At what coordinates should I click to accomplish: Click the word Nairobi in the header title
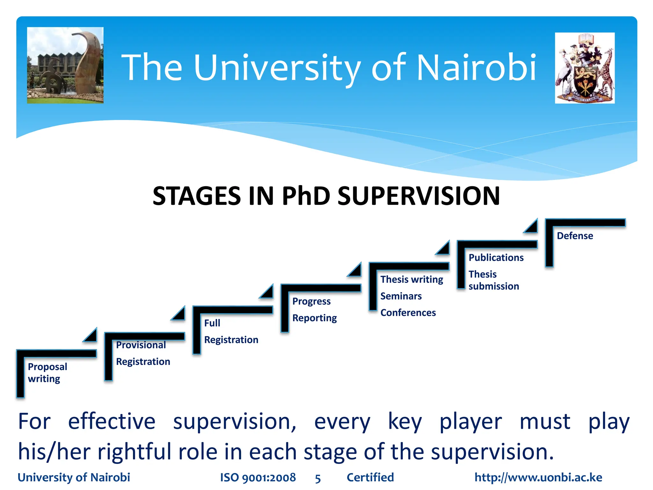coord(476,68)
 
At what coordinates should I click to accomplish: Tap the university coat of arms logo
coord(585,68)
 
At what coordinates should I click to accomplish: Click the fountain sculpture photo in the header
coord(65,65)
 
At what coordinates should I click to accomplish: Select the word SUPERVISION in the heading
coord(418,196)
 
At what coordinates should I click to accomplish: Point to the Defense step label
coord(575,236)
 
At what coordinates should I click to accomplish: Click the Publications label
coord(496,257)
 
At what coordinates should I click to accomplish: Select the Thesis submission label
coord(493,280)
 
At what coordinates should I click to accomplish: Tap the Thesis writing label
coord(412,279)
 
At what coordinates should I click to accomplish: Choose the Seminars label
coord(401,296)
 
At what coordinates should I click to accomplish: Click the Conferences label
coord(408,313)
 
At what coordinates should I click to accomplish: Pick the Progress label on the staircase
coord(311,301)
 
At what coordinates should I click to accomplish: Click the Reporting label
coord(314,318)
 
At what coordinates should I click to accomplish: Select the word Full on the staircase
coord(212,323)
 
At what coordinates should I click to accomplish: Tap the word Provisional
coord(141,345)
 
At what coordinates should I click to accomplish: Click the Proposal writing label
coord(47,373)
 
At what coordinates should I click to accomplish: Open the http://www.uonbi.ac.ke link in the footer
coord(538,477)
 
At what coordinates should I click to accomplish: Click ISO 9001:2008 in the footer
coord(258,477)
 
